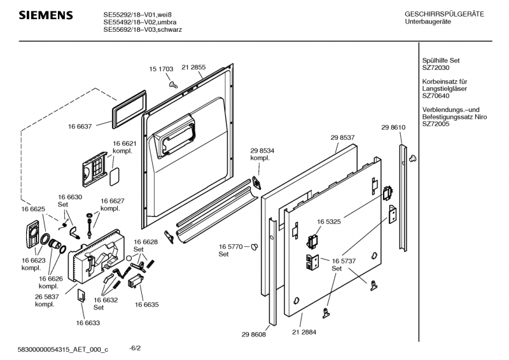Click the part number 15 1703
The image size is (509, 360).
[162, 68]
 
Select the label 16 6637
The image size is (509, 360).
[80, 126]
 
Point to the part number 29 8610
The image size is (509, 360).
[393, 128]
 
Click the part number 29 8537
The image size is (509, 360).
[342, 137]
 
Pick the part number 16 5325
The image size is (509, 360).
[329, 221]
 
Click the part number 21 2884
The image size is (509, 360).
[304, 332]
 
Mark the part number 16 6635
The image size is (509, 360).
[146, 305]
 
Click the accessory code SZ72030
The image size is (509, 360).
[436, 67]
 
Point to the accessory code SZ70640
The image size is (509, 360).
[436, 96]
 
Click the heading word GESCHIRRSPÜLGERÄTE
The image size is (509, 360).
[444, 14]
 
